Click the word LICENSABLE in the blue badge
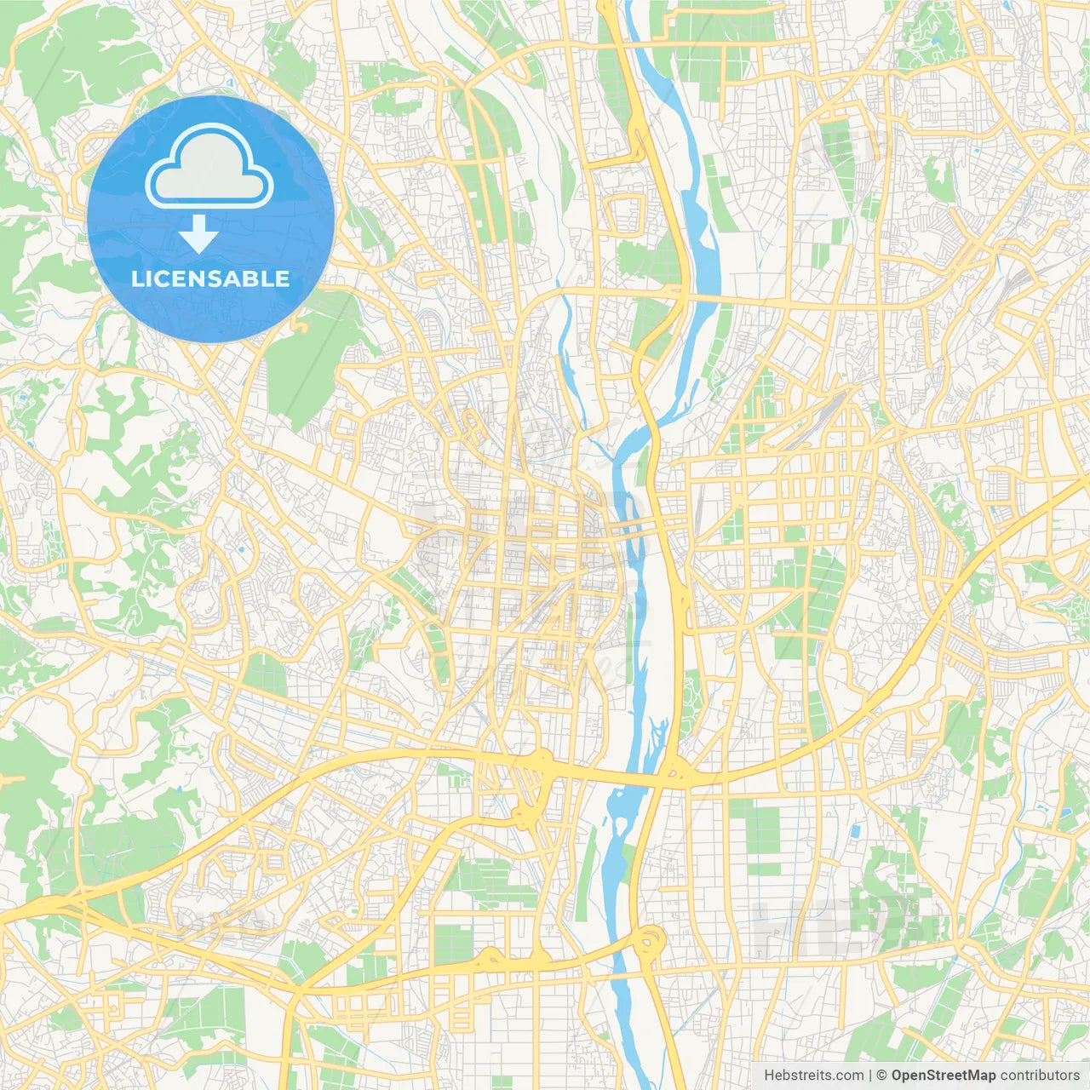(x=210, y=278)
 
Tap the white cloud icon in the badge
(x=209, y=167)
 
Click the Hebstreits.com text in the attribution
(x=813, y=1076)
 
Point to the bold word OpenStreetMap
(x=944, y=1076)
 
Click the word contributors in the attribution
(x=1040, y=1076)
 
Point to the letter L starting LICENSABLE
(x=136, y=278)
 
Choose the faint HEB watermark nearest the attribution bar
(x=852, y=924)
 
